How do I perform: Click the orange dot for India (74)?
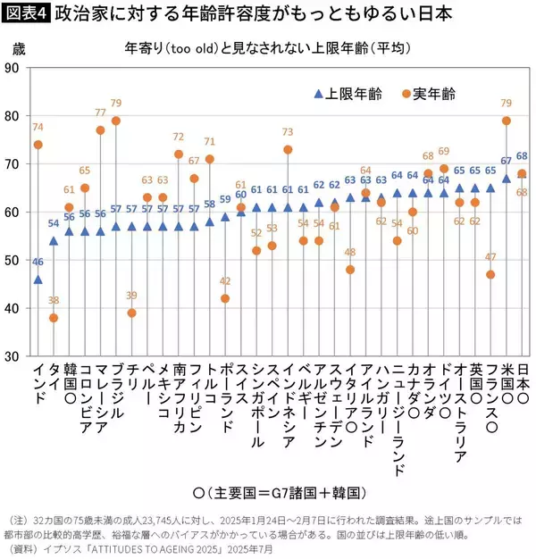click(38, 145)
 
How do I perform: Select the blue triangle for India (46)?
click(38, 279)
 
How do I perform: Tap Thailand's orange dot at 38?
click(54, 318)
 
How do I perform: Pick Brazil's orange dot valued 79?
click(116, 121)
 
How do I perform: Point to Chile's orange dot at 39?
click(132, 313)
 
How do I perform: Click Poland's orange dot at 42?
click(225, 298)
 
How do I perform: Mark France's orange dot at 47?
click(490, 274)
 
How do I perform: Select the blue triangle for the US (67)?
click(507, 178)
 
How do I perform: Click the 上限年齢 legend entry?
click(345, 94)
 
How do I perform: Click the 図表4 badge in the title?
click(26, 13)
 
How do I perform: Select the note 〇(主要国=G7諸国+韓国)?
click(268, 493)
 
